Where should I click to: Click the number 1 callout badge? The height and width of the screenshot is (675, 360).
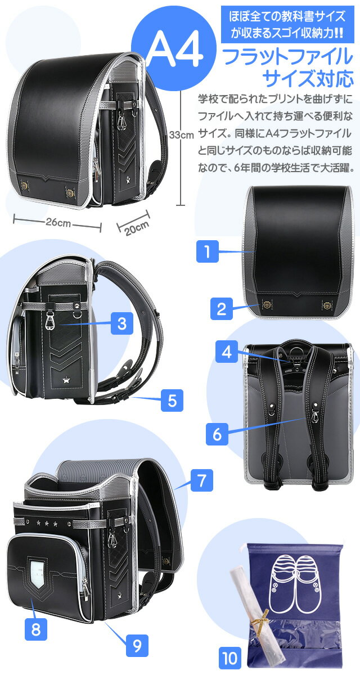[207, 251]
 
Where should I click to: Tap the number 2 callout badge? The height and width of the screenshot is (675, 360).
[222, 309]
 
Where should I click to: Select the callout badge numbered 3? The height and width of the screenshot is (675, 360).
[122, 323]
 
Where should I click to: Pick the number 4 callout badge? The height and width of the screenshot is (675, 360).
[227, 352]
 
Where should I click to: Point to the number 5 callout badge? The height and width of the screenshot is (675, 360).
[172, 400]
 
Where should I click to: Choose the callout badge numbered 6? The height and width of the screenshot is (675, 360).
[217, 434]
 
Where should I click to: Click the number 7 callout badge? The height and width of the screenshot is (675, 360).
[202, 480]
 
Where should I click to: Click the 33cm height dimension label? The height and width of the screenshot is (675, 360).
[181, 134]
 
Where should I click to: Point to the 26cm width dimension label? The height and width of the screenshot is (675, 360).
[58, 223]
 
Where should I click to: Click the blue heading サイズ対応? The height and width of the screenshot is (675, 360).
[308, 78]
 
